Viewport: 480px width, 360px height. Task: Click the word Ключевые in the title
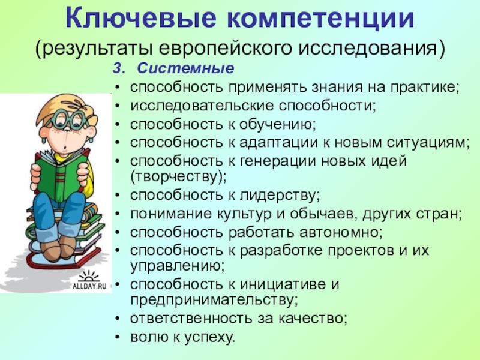coord(141,18)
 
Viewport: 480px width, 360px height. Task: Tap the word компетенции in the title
coord(321,19)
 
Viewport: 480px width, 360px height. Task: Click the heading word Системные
coord(185,68)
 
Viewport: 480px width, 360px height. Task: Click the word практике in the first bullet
coord(425,87)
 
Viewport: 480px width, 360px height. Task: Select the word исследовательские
coord(202,106)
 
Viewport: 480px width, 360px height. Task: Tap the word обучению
coord(277,124)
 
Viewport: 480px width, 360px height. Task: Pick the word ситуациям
coord(428,143)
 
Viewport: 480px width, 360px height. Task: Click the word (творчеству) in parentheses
coord(178,177)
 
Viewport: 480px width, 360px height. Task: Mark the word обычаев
coord(324,214)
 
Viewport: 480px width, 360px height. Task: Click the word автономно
coord(341,232)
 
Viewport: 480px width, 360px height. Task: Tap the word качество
coord(313,319)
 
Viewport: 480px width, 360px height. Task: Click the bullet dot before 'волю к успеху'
coord(118,337)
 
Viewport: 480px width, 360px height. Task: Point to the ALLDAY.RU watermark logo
coord(89,280)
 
